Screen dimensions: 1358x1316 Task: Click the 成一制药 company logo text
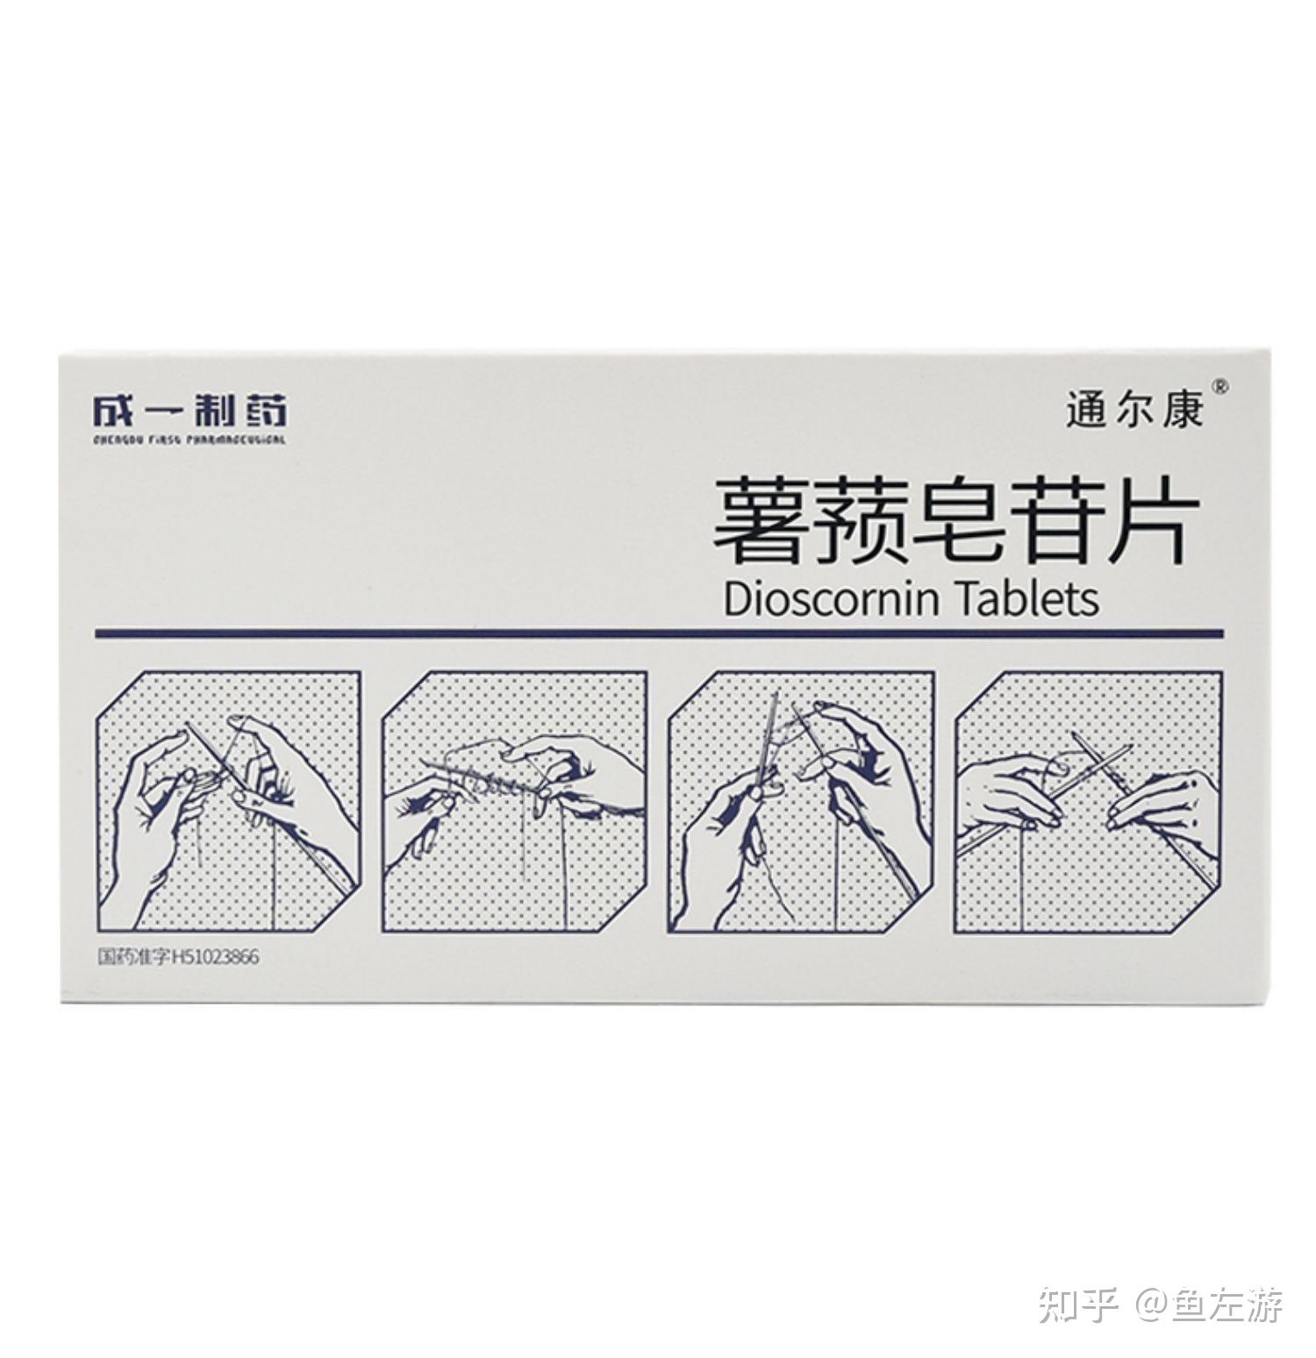click(190, 411)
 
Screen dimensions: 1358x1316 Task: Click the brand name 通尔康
click(1134, 411)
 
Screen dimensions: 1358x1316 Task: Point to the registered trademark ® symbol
click(1219, 387)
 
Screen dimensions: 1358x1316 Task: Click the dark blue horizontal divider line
click(658, 633)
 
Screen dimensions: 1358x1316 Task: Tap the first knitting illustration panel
click(229, 801)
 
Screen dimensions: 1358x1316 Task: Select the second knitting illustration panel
click(514, 801)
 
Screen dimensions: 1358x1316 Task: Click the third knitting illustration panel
click(801, 801)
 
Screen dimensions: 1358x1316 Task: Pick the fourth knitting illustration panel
click(1088, 801)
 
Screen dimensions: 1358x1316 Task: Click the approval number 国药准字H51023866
click(178, 957)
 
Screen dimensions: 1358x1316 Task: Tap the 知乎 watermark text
click(1078, 1304)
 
